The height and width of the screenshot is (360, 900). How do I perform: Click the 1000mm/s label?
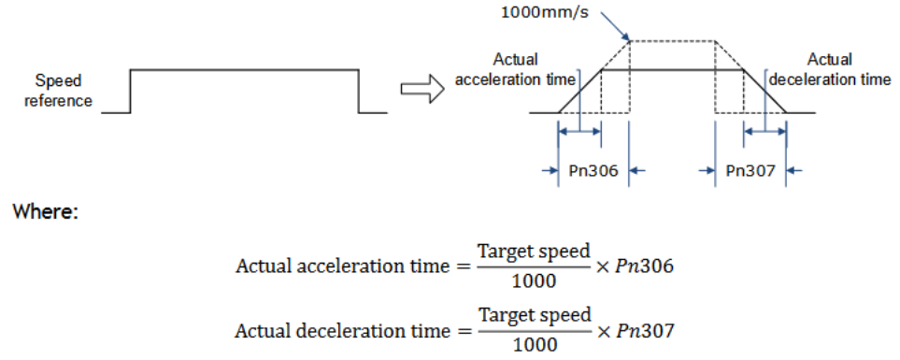(x=545, y=13)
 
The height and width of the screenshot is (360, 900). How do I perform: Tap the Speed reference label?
(x=64, y=91)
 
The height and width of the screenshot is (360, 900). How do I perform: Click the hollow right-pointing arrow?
(x=421, y=91)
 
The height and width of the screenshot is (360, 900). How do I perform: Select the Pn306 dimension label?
(x=593, y=170)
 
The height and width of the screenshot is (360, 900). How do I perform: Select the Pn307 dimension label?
(x=750, y=170)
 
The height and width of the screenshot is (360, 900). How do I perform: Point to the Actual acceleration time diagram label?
(x=515, y=69)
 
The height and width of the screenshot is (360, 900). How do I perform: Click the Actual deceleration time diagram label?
(x=829, y=69)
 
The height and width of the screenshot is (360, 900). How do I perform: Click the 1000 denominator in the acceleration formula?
(x=535, y=281)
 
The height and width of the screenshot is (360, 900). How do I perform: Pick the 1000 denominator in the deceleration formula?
(x=535, y=345)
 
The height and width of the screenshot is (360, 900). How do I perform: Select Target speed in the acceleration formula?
(x=535, y=252)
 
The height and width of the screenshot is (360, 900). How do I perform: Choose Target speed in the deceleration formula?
(x=535, y=316)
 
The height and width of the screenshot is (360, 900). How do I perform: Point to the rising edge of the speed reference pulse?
(x=131, y=92)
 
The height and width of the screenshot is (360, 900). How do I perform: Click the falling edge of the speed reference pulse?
(x=359, y=92)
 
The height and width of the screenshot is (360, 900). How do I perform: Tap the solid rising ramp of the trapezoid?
(x=579, y=92)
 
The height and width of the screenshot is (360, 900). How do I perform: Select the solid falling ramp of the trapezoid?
(x=765, y=92)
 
